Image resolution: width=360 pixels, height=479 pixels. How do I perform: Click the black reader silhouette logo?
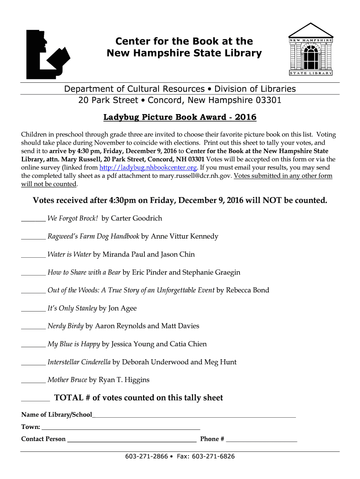pos(47,54)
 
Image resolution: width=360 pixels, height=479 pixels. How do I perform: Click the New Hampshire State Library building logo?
pos(310,50)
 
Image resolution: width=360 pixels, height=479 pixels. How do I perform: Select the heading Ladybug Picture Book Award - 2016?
pos(180,117)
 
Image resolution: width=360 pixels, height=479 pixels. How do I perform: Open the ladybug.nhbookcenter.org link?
pos(149,167)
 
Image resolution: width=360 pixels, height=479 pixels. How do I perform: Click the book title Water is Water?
pos(69,254)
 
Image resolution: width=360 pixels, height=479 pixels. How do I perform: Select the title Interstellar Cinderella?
pos(79,362)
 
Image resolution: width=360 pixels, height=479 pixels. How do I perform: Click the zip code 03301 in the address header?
pos(269,100)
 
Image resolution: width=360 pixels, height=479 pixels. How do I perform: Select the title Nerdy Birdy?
pos(65,326)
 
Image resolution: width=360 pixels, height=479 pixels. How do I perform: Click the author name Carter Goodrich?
pos(137,218)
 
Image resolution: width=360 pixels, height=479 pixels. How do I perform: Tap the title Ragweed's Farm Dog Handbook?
pos(94,236)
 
